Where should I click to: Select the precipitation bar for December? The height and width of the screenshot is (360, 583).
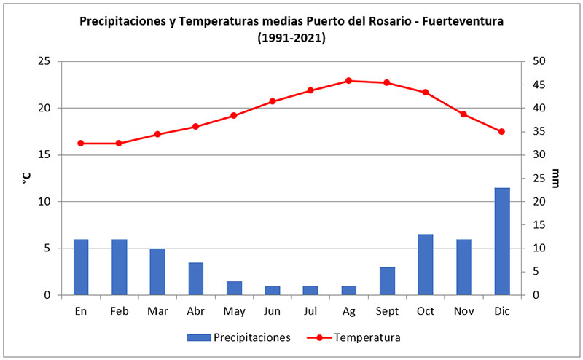(x=501, y=241)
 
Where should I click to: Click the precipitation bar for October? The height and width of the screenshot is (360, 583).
(x=425, y=265)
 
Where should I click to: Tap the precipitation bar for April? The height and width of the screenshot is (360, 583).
(x=195, y=278)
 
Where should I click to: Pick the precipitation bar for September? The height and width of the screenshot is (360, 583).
(x=387, y=281)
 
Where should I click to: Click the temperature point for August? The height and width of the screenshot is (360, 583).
(x=348, y=81)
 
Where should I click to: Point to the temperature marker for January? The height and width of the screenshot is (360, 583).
(x=81, y=144)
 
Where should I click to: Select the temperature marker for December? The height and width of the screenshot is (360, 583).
(x=501, y=132)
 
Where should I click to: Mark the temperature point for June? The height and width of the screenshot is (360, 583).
(x=272, y=101)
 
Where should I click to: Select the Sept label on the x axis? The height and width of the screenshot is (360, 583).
(x=387, y=310)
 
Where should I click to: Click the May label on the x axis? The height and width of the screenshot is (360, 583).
(x=234, y=310)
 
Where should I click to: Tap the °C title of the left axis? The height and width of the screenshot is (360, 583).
(x=26, y=178)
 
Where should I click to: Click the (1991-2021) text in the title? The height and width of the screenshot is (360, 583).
(x=291, y=37)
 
